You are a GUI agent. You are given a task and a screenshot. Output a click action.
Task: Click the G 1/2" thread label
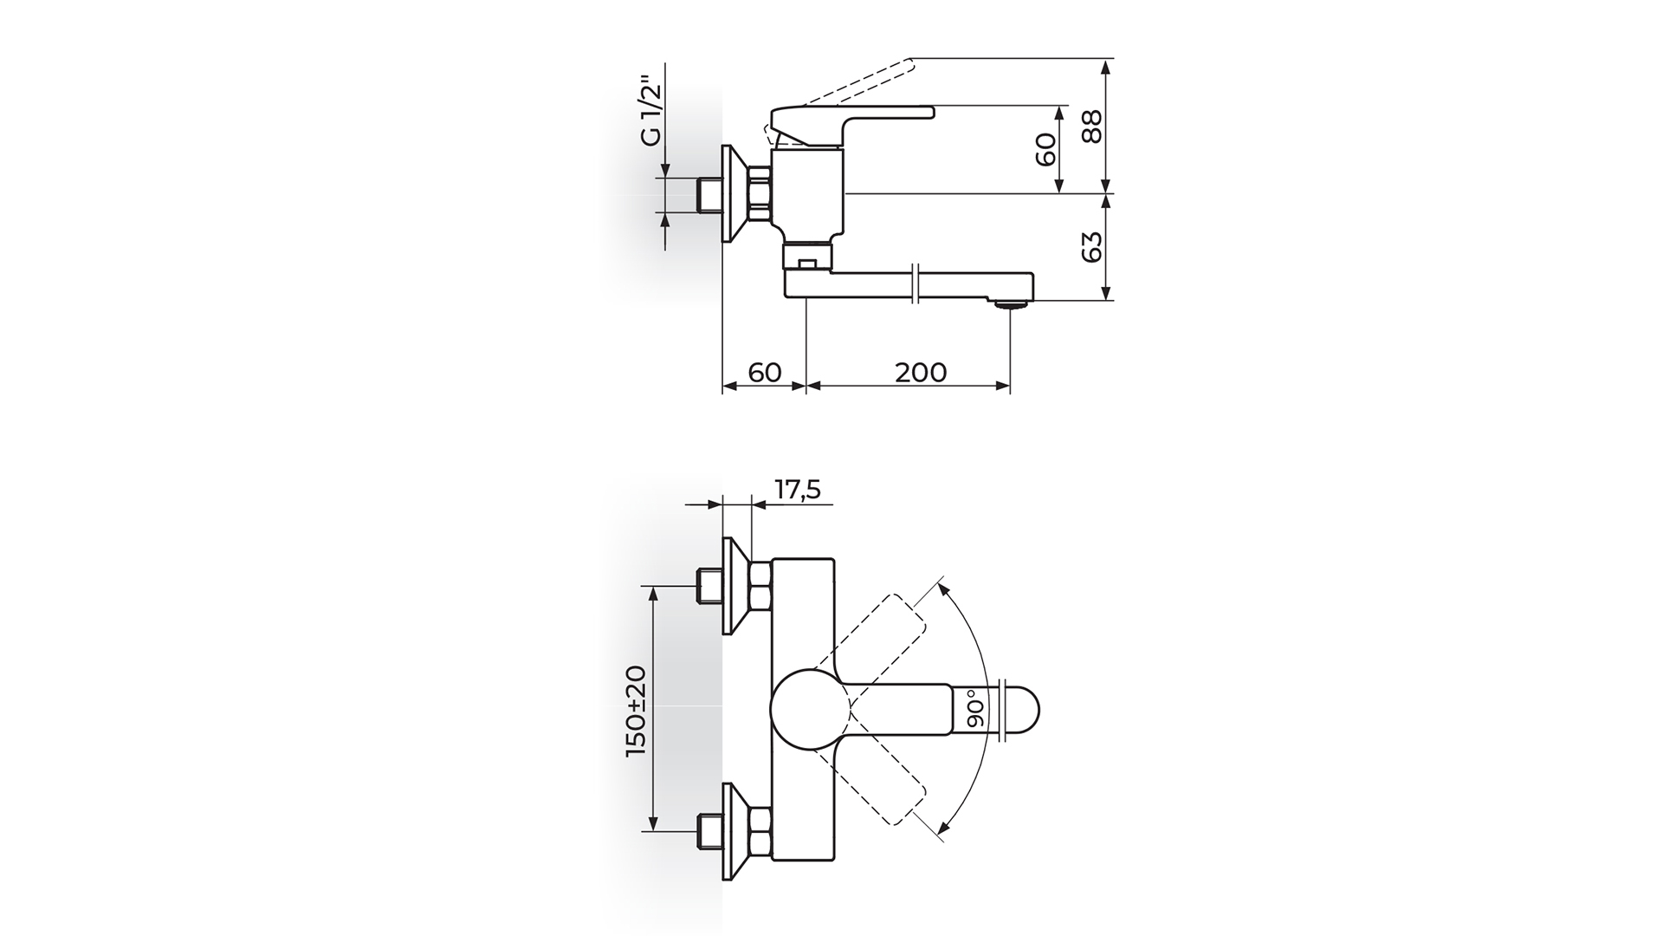click(650, 113)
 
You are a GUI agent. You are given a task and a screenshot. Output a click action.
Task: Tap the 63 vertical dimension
click(1093, 247)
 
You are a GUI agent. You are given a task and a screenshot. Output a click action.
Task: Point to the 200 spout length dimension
click(921, 372)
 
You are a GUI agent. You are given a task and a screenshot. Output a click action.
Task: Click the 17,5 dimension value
click(797, 491)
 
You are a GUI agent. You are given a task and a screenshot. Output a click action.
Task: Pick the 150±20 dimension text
click(637, 712)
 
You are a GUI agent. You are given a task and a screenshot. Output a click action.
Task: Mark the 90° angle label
click(976, 709)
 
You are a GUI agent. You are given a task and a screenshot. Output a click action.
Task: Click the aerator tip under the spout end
click(1010, 303)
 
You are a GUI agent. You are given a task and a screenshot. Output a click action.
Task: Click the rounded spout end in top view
click(1022, 709)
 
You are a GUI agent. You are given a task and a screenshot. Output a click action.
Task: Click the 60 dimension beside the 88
click(1046, 149)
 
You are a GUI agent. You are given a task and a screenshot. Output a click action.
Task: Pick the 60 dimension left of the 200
click(765, 372)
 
